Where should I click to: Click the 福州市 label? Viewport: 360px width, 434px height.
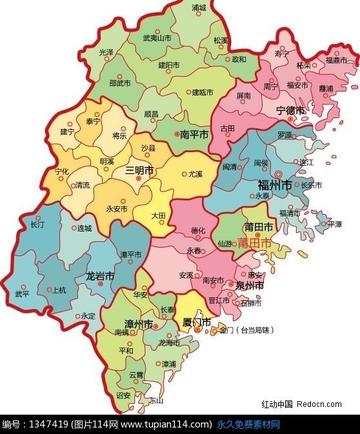[274, 186]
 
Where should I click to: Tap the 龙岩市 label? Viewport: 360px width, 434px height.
[98, 274]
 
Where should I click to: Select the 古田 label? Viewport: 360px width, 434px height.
[228, 128]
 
